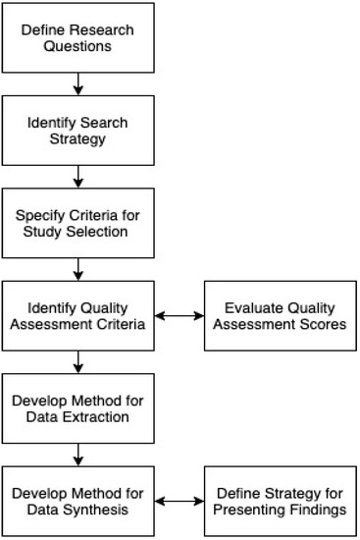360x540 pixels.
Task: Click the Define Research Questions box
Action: tap(78, 37)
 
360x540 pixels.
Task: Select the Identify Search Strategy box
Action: tap(78, 129)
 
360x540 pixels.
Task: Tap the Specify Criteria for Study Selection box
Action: tap(78, 223)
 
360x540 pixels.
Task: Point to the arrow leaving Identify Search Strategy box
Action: tap(78, 176)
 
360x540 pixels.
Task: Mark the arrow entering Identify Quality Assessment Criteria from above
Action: tap(78, 269)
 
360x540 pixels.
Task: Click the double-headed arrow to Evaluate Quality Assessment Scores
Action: tap(180, 316)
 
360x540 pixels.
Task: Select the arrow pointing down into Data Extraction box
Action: tap(78, 362)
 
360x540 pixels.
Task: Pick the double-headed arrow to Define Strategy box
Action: tap(180, 502)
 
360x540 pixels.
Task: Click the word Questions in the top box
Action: tap(78, 46)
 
